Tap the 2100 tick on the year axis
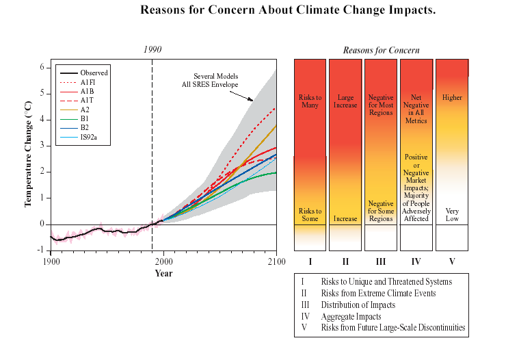pyautogui.click(x=276, y=262)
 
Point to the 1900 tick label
pyautogui.click(x=51, y=262)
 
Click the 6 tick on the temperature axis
pyautogui.click(x=42, y=67)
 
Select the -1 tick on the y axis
pyautogui.click(x=40, y=250)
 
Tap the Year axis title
pyautogui.click(x=163, y=273)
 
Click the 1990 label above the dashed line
pyautogui.click(x=152, y=50)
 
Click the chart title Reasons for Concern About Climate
pyautogui.click(x=288, y=11)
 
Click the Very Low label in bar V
pyautogui.click(x=452, y=215)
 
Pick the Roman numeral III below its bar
pyautogui.click(x=380, y=262)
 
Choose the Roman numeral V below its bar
pyautogui.click(x=452, y=262)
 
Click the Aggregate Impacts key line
pyautogui.click(x=351, y=316)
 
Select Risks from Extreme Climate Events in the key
pyautogui.click(x=378, y=293)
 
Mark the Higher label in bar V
pyautogui.click(x=452, y=97)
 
